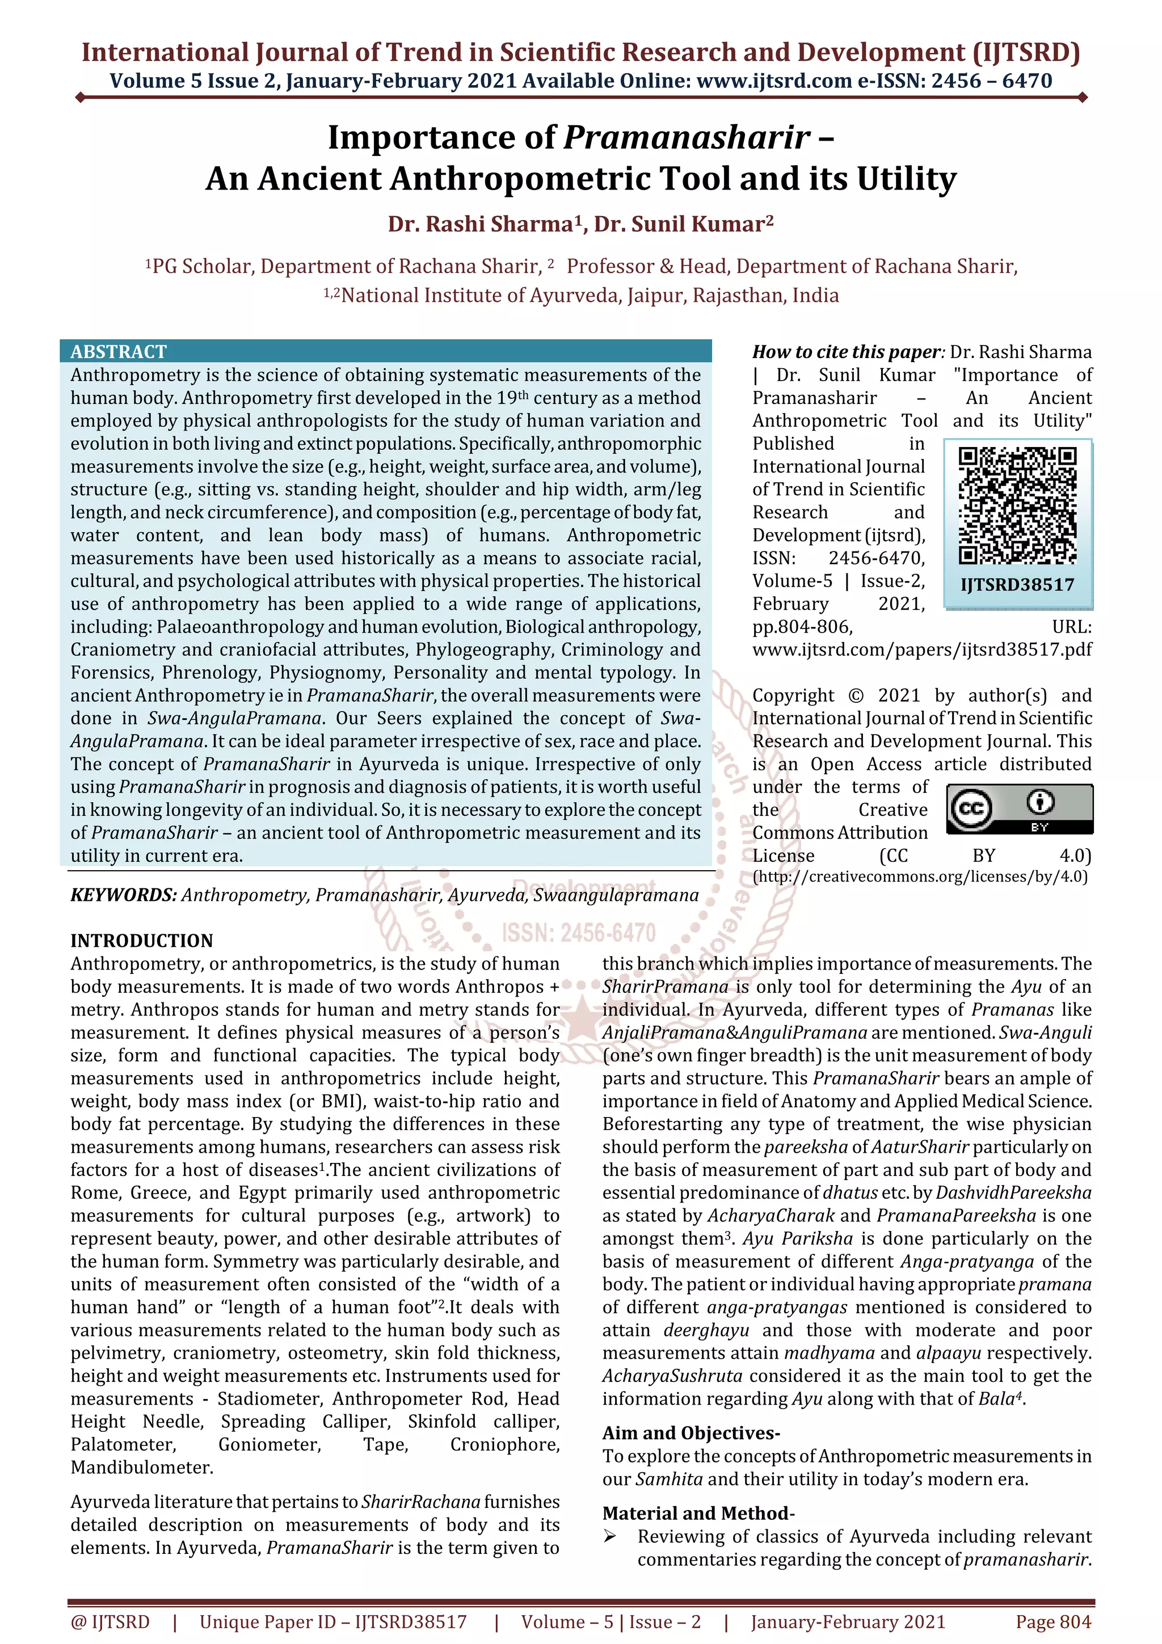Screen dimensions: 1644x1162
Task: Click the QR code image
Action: pyautogui.click(x=1017, y=505)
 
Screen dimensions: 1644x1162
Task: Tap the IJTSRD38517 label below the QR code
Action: pyautogui.click(x=1017, y=585)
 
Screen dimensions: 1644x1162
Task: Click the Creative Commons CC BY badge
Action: pyautogui.click(x=1020, y=808)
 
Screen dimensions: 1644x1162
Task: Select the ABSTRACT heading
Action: pyautogui.click(x=118, y=352)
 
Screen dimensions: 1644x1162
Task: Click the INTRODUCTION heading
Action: pyautogui.click(x=142, y=941)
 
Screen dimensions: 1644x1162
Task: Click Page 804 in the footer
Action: pyautogui.click(x=1052, y=1622)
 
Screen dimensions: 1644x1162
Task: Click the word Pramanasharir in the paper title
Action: pyautogui.click(x=687, y=137)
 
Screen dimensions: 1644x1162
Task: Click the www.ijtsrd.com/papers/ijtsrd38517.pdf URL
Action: pyautogui.click(x=921, y=650)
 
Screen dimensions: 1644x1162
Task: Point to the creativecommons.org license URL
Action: pyautogui.click(x=920, y=876)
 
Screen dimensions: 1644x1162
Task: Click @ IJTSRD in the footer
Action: pyautogui.click(x=110, y=1622)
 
